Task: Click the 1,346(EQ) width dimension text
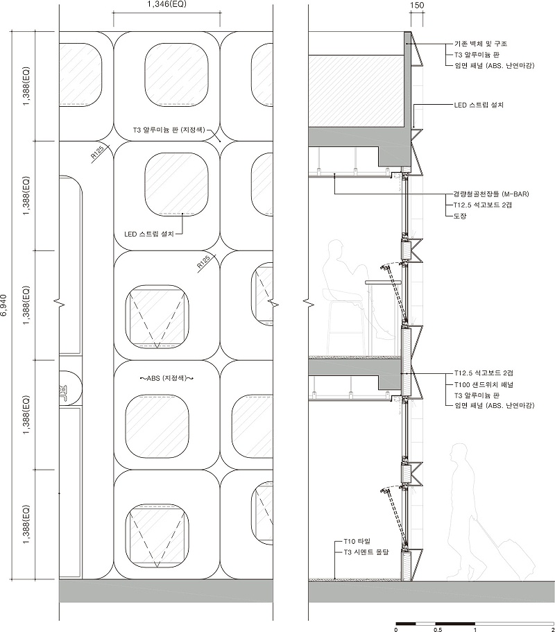point(166,5)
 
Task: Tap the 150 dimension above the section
point(417,6)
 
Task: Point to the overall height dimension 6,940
point(5,305)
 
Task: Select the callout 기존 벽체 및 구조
point(481,43)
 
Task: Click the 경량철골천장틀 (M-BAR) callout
point(491,194)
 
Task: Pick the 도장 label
point(460,216)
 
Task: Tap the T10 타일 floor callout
point(357,541)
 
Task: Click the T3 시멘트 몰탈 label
point(366,552)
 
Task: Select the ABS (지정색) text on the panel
point(166,378)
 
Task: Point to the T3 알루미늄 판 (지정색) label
point(169,130)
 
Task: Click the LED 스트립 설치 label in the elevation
point(149,234)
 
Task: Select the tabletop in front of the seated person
point(384,283)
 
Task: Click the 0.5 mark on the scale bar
point(438,629)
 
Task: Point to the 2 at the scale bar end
point(553,629)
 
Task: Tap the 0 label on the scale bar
point(396,629)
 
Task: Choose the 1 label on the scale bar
point(475,629)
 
